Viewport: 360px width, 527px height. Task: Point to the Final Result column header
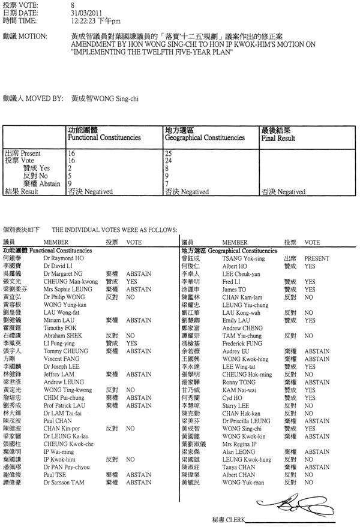tap(278, 138)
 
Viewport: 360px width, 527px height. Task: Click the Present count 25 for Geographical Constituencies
tap(169, 154)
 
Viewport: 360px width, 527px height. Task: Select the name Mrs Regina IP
tap(240, 444)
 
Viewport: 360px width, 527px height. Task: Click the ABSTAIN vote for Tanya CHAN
tap(317, 467)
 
